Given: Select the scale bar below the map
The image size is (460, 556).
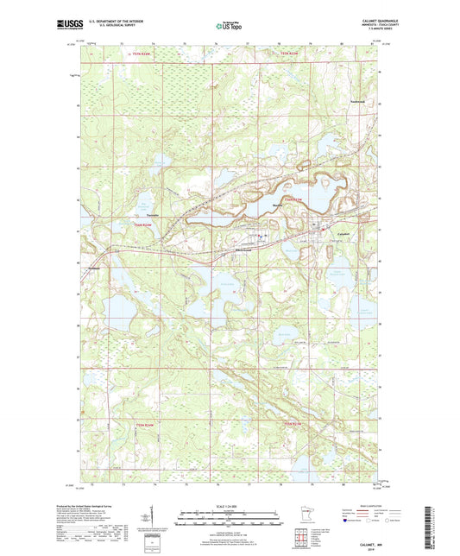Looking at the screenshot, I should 229,521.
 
